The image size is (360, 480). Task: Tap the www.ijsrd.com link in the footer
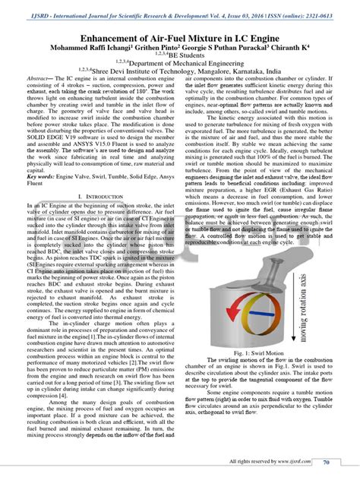289,461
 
